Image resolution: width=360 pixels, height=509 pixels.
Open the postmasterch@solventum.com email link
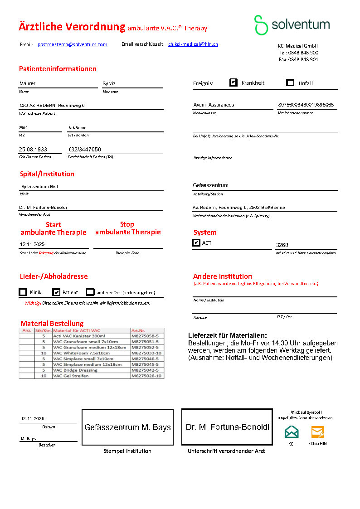coord(73,44)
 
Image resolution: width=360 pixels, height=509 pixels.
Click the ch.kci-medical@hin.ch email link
coord(193,44)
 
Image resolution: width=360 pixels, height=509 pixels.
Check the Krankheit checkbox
coord(234,82)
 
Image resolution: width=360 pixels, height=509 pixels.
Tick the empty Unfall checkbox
coord(291,82)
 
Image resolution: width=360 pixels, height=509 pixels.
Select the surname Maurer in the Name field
coord(27,83)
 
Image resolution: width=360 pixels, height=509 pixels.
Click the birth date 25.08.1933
coord(33,149)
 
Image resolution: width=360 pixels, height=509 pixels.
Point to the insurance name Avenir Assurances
coord(214,105)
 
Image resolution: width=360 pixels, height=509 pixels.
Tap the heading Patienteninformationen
coord(58,69)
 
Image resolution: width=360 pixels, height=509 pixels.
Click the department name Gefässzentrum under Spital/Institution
coord(210,185)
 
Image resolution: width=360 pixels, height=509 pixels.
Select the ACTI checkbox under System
coord(196,243)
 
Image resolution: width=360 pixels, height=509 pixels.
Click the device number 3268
coord(282,245)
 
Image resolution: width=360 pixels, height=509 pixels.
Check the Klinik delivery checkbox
coord(23,292)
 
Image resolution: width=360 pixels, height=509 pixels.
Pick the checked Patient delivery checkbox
coord(56,292)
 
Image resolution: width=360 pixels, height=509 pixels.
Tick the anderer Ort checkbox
coord(91,292)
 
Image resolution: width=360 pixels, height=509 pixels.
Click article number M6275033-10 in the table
coord(147,353)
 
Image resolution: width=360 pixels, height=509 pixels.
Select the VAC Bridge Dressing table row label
coord(75,370)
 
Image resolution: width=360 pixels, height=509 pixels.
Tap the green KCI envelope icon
coord(292,431)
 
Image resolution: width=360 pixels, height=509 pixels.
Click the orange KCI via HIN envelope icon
coord(317,431)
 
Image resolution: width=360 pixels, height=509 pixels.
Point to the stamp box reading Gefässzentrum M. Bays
coord(127,427)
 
